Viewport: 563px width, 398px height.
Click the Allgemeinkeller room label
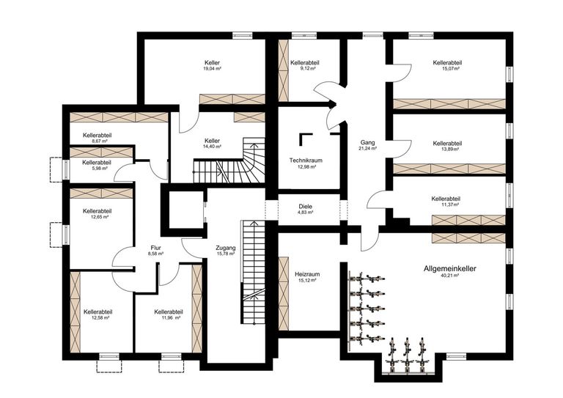point(450,269)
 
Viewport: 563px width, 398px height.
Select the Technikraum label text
point(306,160)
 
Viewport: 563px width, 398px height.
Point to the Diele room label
point(306,207)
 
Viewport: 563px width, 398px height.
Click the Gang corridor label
point(367,141)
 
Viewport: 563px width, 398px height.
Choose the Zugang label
point(226,248)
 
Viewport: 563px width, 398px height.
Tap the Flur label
point(155,248)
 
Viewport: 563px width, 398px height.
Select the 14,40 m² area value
point(213,147)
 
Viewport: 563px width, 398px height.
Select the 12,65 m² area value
point(97,217)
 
